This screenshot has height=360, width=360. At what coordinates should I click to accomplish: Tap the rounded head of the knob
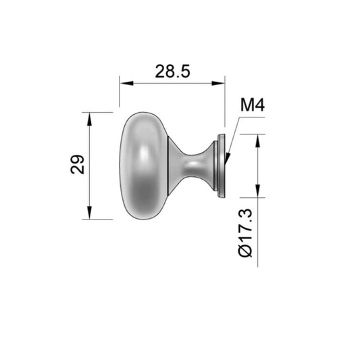click(142, 165)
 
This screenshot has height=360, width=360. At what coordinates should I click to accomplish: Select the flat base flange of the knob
click(220, 165)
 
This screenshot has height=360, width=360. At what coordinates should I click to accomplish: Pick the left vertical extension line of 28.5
click(120, 95)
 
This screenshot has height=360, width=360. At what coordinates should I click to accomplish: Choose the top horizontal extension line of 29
click(98, 112)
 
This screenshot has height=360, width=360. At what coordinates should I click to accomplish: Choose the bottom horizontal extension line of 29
click(98, 220)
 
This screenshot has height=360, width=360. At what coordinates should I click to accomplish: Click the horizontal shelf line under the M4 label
click(251, 118)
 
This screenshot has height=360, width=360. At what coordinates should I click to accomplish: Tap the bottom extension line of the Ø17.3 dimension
click(247, 198)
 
